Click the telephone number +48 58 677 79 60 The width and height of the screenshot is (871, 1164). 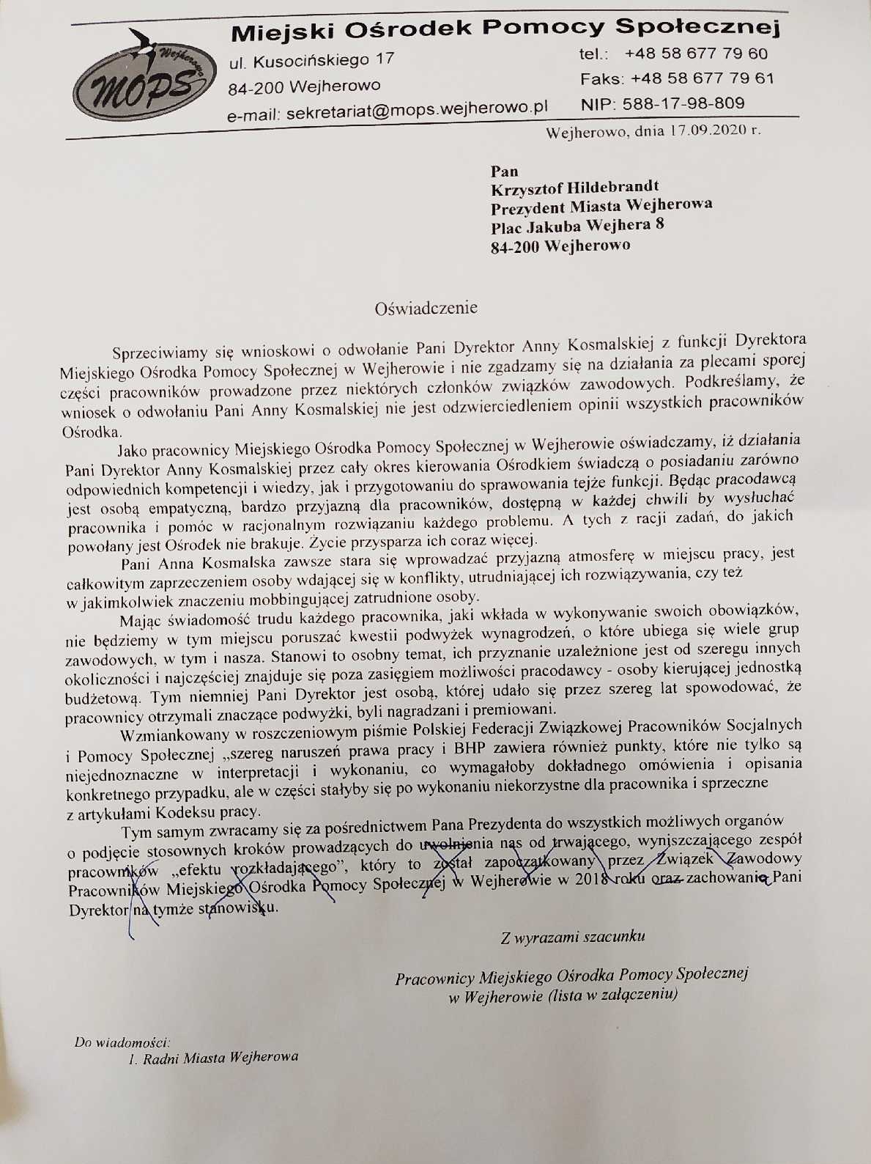pyautogui.click(x=696, y=54)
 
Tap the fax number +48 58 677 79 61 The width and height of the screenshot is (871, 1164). pyautogui.click(x=702, y=78)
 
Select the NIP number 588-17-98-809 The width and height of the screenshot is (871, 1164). pyautogui.click(x=683, y=103)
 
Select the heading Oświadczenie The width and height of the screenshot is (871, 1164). pyautogui.click(x=426, y=308)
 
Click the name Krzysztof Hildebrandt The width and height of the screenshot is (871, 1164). pyautogui.click(x=574, y=188)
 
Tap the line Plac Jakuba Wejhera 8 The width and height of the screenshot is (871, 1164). pyautogui.click(x=577, y=225)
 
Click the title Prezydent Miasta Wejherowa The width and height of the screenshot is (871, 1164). pyautogui.click(x=601, y=206)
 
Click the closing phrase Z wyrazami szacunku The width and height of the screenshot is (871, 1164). pyautogui.click(x=572, y=936)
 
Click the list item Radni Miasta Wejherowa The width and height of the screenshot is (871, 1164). pyautogui.click(x=220, y=1058)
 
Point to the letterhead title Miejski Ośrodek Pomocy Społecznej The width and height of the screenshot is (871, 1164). pyautogui.click(x=505, y=30)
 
